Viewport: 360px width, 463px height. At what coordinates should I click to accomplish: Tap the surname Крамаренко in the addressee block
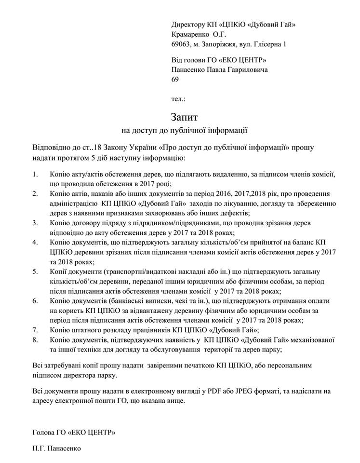[x=191, y=34]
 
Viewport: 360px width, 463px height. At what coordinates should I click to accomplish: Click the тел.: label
[x=178, y=99]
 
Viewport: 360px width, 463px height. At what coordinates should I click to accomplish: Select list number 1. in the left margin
[x=36, y=173]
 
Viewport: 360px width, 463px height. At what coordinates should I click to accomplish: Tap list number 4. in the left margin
[x=36, y=241]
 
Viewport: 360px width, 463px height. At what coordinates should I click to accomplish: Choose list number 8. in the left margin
[x=36, y=340]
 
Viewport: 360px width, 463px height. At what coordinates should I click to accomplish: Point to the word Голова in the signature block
[x=44, y=430]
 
